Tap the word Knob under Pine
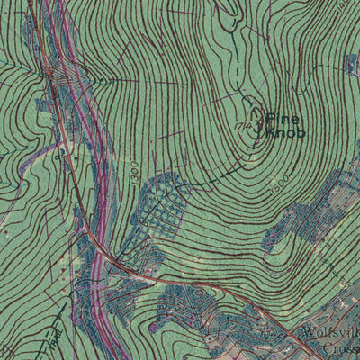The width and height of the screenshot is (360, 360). tap(285, 132)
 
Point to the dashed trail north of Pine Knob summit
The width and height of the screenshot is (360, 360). tap(236, 54)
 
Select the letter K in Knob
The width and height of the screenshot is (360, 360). tap(269, 132)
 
